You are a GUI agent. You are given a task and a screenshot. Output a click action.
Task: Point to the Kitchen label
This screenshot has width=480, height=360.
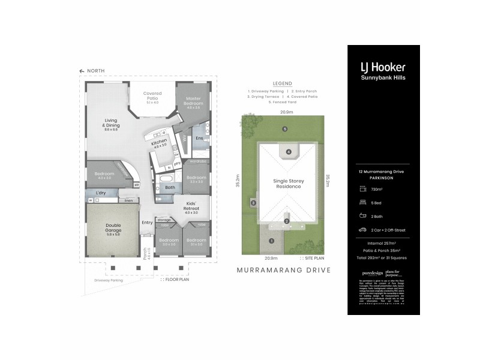[x=159, y=143]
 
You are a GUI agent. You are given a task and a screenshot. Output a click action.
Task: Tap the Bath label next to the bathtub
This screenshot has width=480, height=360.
[x=170, y=187]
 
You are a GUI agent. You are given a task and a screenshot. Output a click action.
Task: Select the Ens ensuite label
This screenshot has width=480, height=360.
[x=199, y=138]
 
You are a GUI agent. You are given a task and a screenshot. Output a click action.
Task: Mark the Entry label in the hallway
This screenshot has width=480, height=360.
[x=147, y=223]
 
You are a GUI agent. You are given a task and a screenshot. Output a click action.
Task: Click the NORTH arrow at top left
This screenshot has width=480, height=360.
[x=82, y=71]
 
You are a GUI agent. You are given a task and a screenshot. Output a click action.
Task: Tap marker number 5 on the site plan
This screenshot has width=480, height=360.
[x=285, y=129]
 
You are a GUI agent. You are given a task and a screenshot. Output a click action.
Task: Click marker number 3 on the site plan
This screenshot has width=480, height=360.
[x=254, y=203]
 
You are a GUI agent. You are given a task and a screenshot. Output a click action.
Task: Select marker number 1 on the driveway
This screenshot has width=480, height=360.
[x=271, y=241]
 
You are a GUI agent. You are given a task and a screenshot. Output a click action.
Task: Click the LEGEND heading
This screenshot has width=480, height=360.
[x=282, y=83]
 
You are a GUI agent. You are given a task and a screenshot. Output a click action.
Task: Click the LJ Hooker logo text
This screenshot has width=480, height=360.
[x=383, y=67]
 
